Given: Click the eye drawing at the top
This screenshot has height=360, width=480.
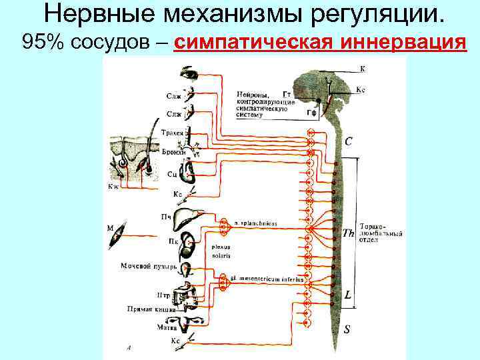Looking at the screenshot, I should coord(189,73).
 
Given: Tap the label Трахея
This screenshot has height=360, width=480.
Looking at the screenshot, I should coord(173,133).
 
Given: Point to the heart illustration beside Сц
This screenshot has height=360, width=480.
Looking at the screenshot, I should coord(189,175).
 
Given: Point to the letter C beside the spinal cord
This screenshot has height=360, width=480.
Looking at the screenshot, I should coord(349,141).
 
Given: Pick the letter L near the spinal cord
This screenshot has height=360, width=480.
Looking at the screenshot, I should coord(347,294).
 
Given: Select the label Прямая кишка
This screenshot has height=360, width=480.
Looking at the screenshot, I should coord(151,309).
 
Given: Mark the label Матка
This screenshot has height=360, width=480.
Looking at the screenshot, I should coord(165,327).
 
